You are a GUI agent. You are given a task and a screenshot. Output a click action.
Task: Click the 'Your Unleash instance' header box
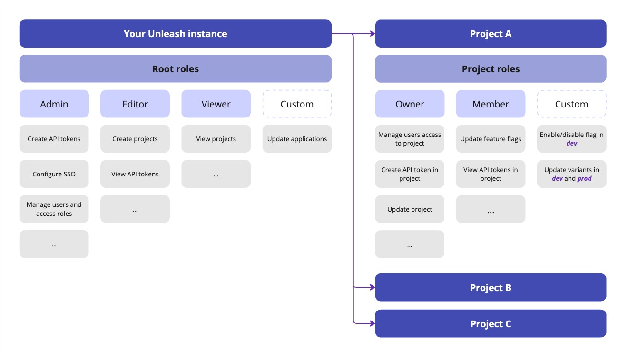tap(175, 34)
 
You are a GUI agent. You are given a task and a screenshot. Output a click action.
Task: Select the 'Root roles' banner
tap(175, 69)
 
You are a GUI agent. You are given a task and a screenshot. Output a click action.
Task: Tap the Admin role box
tap(54, 104)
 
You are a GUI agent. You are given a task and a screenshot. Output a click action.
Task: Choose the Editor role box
tap(135, 104)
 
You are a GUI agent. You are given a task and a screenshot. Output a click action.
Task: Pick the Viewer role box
tap(216, 104)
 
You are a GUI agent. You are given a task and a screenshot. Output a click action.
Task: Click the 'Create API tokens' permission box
tap(54, 139)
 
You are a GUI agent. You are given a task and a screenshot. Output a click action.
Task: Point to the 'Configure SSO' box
tap(54, 174)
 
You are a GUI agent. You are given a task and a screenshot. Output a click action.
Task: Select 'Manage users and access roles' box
tap(54, 209)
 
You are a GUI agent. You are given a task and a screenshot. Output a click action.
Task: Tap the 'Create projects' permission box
tap(135, 139)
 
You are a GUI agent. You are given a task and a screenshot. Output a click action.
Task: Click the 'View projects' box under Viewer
tap(216, 139)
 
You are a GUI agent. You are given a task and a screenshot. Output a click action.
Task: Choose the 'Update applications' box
tap(297, 139)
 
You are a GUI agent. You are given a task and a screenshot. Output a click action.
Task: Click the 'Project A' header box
tap(491, 34)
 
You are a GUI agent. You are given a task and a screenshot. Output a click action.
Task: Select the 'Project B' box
tap(491, 288)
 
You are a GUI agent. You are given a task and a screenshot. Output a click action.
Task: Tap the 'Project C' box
tap(491, 324)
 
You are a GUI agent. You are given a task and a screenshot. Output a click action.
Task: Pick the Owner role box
tap(410, 104)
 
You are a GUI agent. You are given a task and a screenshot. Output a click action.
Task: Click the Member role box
tap(491, 104)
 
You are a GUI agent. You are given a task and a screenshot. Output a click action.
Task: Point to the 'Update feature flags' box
tap(491, 139)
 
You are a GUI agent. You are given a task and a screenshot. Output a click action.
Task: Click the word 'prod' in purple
tap(584, 179)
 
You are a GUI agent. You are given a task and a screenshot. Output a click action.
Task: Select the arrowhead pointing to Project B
tap(372, 287)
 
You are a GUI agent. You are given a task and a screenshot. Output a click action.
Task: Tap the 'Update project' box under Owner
tap(410, 209)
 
